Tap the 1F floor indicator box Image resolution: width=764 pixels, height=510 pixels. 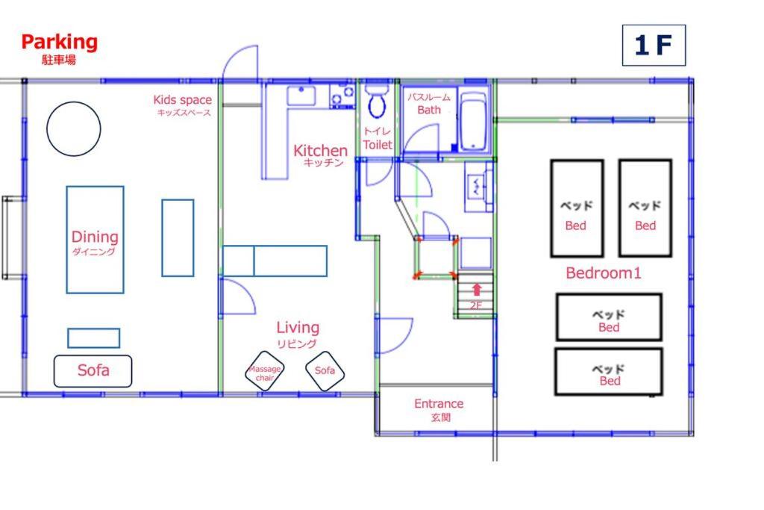click(x=654, y=46)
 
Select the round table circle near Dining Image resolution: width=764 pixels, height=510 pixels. click(x=74, y=128)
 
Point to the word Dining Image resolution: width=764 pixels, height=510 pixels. click(x=95, y=237)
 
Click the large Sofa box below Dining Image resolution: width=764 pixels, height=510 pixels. click(x=93, y=371)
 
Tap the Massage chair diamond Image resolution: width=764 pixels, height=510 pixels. click(x=265, y=371)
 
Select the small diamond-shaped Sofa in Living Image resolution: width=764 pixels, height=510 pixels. click(x=325, y=370)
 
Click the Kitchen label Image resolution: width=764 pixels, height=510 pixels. click(x=320, y=151)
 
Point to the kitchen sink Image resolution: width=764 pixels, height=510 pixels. click(x=301, y=96)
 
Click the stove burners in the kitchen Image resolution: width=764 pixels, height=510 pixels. click(x=342, y=96)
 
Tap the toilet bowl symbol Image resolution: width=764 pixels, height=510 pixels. click(x=376, y=102)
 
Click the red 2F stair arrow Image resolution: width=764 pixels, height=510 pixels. click(x=477, y=290)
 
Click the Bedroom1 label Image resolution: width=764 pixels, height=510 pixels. click(x=603, y=273)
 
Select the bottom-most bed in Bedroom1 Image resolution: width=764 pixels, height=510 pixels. click(x=609, y=372)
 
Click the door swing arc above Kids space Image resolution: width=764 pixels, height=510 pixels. click(x=239, y=62)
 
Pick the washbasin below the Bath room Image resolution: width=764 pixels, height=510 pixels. click(x=478, y=187)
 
